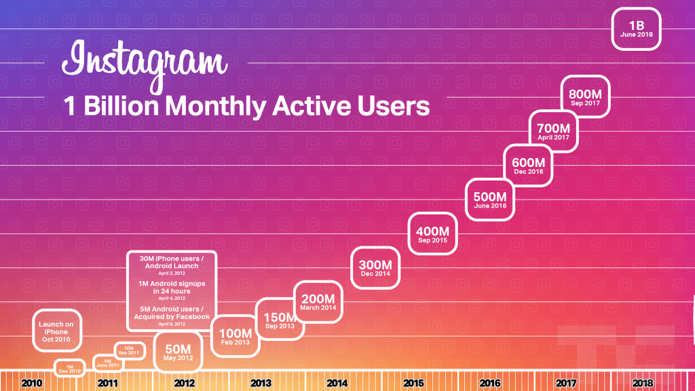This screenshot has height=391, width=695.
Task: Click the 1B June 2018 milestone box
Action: [636, 29]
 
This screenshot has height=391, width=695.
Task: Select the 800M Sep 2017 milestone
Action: [586, 98]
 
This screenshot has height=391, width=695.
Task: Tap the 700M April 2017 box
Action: [552, 130]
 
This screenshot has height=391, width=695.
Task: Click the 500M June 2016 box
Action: [490, 199]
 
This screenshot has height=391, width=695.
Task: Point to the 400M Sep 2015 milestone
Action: [432, 234]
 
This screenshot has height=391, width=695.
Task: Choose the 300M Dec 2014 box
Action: [375, 267]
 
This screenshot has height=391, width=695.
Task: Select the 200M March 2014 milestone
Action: [318, 301]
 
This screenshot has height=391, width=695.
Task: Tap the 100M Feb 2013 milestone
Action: [236, 337]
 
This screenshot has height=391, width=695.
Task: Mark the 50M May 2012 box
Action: [179, 352]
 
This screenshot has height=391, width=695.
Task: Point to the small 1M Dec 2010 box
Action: [69, 367]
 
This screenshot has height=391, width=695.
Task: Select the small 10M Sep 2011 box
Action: [128, 350]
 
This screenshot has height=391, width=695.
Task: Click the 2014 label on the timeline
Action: [337, 384]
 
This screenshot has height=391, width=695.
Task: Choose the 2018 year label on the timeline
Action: [642, 384]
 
